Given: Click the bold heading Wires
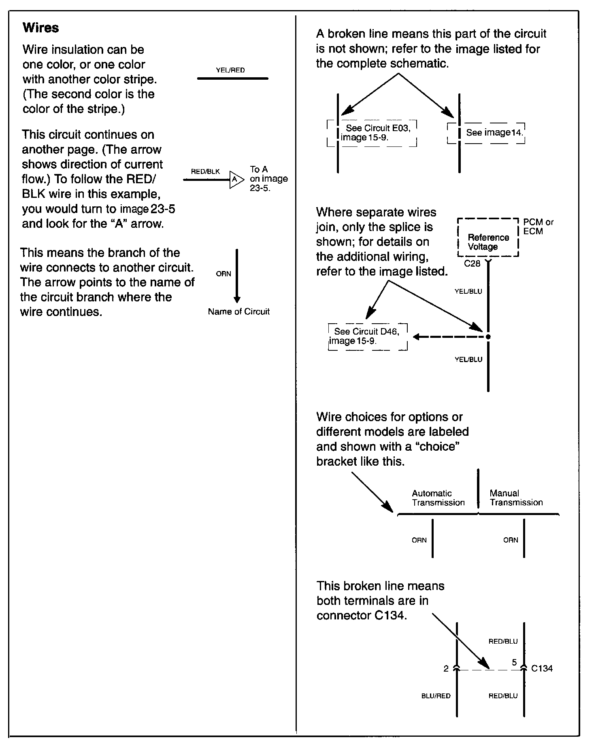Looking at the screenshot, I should (40, 28).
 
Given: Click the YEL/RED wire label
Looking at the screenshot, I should (230, 70).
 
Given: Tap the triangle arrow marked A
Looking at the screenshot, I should (236, 179).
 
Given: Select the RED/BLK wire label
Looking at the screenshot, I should (205, 172).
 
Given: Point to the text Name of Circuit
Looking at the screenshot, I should (238, 312).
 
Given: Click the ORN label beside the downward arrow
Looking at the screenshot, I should (223, 274).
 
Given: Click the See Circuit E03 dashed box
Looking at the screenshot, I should (372, 133).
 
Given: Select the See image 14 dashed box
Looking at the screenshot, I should (486, 133).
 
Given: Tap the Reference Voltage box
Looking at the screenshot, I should (488, 242).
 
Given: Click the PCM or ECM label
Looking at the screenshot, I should (538, 227).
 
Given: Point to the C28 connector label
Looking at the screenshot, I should (472, 264).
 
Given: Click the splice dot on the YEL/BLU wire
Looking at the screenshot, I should (488, 337).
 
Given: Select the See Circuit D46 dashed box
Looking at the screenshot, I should (368, 336).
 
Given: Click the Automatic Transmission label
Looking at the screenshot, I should (438, 498).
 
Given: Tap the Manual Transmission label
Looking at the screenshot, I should (516, 498).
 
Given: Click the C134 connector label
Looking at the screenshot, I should (542, 669).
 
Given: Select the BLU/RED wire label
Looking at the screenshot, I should (436, 696).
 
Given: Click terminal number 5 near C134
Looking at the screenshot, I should (514, 663).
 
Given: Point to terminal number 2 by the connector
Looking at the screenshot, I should (446, 669).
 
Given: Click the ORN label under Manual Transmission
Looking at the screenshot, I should (511, 540).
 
